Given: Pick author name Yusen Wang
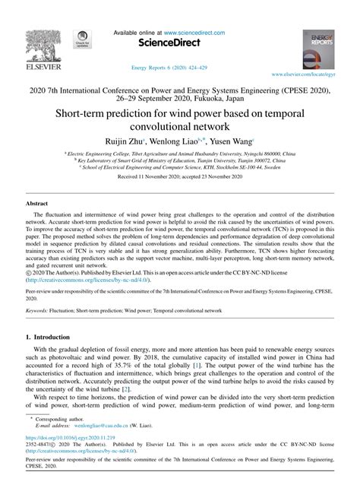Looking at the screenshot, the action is tap(230, 141).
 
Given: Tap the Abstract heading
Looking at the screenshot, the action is tap(37, 204).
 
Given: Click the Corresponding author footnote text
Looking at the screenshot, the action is tap(62, 420).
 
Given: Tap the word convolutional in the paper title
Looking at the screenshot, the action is tap(179, 126).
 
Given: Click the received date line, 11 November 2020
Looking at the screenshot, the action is tap(179, 175).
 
